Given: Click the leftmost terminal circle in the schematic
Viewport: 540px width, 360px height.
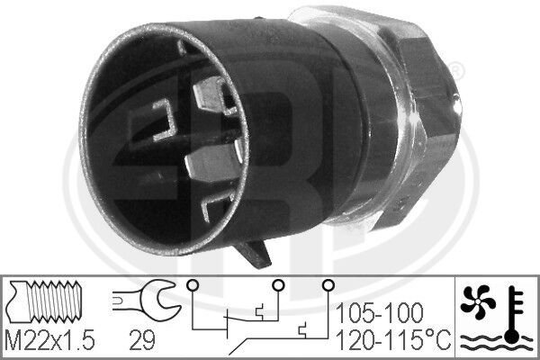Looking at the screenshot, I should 192,287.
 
